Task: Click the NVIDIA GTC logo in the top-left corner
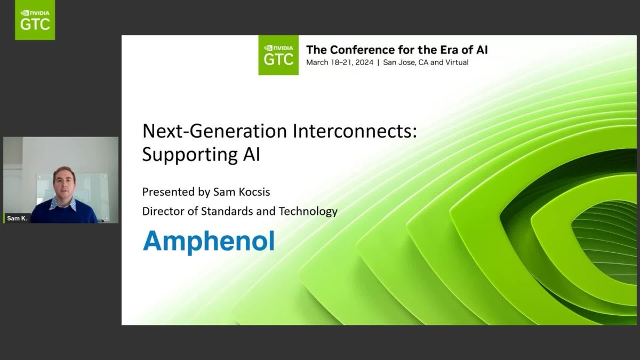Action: pos(35,20)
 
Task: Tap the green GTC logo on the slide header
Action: pos(278,55)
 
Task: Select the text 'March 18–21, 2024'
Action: pos(339,62)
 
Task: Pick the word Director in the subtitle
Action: pos(163,211)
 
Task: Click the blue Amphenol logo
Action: pos(209,241)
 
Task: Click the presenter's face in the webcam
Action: pos(63,183)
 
